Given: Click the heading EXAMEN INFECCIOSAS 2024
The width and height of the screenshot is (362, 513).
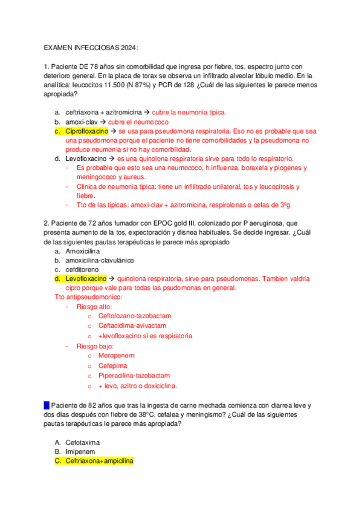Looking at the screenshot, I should click(91, 48).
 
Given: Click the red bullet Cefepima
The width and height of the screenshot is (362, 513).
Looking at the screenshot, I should click(114, 366).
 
